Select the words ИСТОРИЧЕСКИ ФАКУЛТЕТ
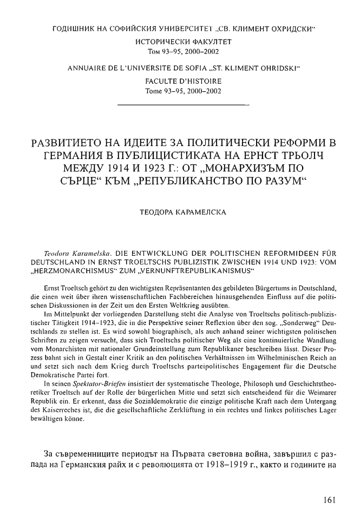[x=179, y=41]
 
